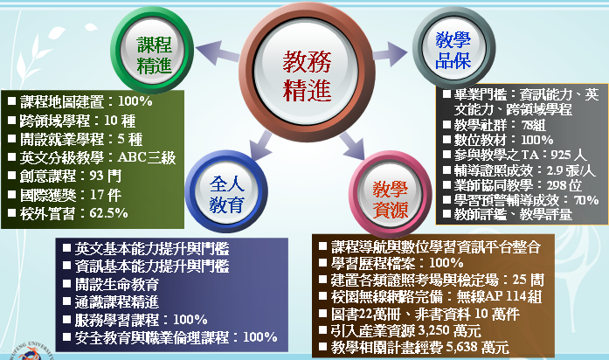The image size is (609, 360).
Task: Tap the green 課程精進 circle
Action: (x=153, y=51)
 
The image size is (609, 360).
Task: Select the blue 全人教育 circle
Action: (x=226, y=191)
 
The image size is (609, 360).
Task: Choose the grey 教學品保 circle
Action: (x=453, y=47)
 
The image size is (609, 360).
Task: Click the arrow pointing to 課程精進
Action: (x=218, y=52)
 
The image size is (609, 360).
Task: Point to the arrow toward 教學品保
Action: (x=390, y=53)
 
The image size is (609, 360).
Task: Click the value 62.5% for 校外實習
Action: (x=108, y=213)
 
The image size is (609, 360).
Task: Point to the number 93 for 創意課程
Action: (x=97, y=176)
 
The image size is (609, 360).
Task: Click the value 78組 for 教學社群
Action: (x=534, y=125)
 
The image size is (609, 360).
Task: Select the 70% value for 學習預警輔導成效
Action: (x=586, y=200)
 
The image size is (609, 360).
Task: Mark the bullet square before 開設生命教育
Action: (x=66, y=283)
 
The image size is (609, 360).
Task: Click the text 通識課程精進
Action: (x=117, y=301)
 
